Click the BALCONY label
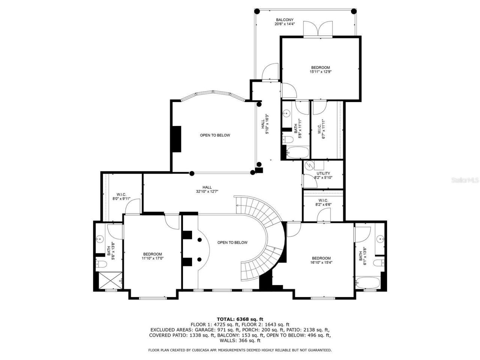(x=285, y=20)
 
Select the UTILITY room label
(x=323, y=174)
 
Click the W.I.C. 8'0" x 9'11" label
(x=121, y=194)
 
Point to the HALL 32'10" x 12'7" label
(x=207, y=187)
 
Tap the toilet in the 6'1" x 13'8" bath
(x=379, y=262)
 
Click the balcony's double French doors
(x=318, y=28)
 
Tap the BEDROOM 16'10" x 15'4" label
(x=321, y=258)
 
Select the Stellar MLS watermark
(x=465, y=180)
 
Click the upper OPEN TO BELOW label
(x=215, y=135)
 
